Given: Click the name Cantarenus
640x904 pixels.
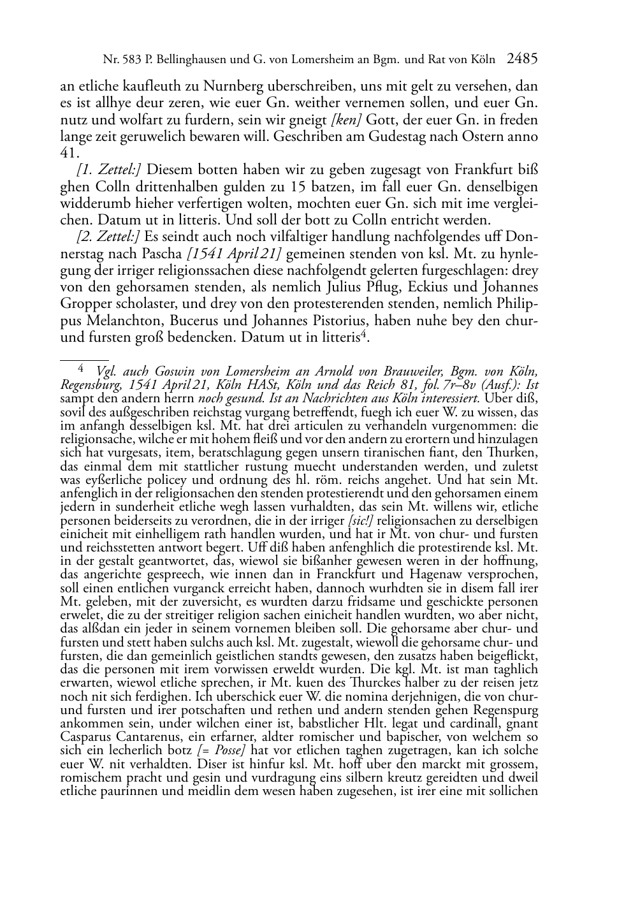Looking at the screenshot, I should pyautogui.click(x=138, y=737).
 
